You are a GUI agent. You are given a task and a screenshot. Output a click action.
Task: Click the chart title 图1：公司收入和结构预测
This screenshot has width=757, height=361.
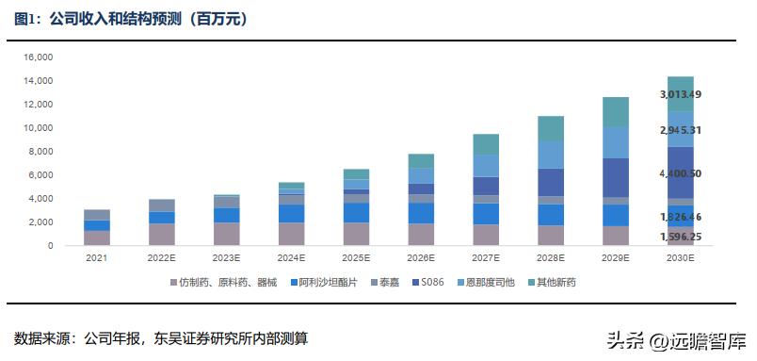[x=132, y=19]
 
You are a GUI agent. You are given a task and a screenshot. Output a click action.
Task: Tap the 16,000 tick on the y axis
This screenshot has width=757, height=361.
[x=39, y=57]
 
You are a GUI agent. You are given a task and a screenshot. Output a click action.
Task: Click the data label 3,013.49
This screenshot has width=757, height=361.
[x=681, y=94]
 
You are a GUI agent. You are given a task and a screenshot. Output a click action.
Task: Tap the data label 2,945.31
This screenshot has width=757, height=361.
[x=681, y=129]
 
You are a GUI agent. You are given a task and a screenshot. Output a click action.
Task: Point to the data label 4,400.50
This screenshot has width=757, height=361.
[x=681, y=173]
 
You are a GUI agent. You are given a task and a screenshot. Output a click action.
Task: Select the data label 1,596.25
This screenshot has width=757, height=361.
[x=681, y=238]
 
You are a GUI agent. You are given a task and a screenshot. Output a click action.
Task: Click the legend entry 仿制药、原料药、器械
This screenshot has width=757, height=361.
[x=223, y=282]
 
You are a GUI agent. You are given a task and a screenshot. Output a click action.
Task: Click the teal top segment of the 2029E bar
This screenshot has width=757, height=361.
[x=615, y=111]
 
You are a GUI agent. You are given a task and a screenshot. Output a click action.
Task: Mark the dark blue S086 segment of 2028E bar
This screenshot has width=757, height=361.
[x=550, y=182]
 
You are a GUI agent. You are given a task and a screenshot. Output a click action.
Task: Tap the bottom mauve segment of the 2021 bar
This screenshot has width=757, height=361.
[x=97, y=238]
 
